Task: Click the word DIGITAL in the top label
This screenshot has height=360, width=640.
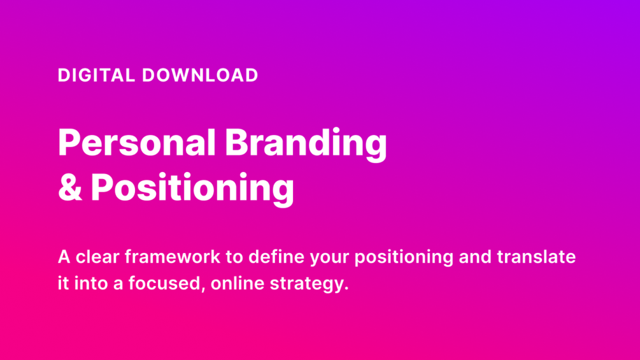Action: [x=96, y=76]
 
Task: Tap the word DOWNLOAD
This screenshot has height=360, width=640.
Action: [x=200, y=76]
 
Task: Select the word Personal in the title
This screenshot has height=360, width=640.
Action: [x=137, y=143]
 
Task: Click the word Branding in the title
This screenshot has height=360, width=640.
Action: [x=306, y=145]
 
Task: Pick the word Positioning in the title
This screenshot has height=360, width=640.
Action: [x=192, y=189]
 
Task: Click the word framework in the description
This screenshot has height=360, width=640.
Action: [x=172, y=257]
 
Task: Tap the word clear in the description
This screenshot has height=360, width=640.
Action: [x=97, y=257]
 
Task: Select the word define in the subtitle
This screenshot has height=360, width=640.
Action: [x=276, y=257]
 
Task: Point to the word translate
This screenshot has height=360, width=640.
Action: [x=536, y=257]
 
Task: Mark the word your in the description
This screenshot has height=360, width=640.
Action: [x=329, y=259]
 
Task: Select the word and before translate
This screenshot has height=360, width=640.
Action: [x=475, y=257]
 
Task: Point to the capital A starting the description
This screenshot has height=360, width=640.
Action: [x=64, y=257]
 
